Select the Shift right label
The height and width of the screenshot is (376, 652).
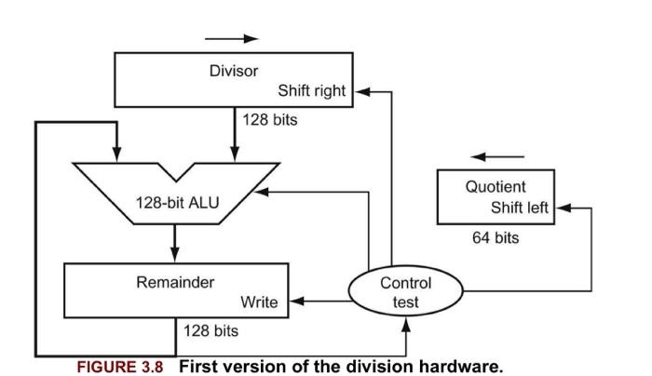click(311, 90)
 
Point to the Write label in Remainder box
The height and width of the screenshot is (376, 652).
click(259, 302)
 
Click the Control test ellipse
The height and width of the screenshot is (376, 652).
click(405, 291)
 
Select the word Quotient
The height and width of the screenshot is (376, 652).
click(496, 186)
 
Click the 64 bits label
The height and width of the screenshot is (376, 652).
click(496, 238)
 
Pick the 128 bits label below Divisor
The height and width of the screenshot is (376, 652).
click(269, 120)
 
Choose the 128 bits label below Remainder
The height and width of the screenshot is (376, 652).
click(211, 330)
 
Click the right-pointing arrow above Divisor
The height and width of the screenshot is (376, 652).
click(231, 39)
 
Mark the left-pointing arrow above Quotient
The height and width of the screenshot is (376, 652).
click(497, 155)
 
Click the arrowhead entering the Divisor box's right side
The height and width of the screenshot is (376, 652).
click(365, 91)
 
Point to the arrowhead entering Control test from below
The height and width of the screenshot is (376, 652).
click(407, 323)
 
